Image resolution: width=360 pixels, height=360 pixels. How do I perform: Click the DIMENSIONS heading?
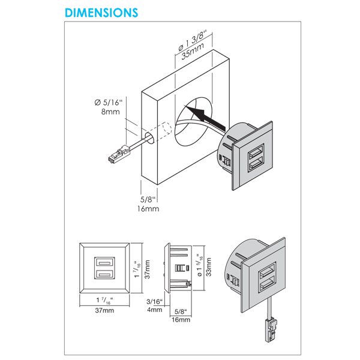(x=100, y=13)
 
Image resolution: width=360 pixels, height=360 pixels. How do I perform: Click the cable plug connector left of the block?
(x=116, y=155)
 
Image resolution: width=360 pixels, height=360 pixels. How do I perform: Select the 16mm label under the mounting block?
(x=147, y=209)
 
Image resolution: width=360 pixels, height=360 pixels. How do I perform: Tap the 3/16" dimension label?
(x=154, y=301)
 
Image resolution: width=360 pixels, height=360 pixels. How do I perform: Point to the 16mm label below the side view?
(x=180, y=320)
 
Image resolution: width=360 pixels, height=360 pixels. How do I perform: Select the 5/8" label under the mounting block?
(x=147, y=199)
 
